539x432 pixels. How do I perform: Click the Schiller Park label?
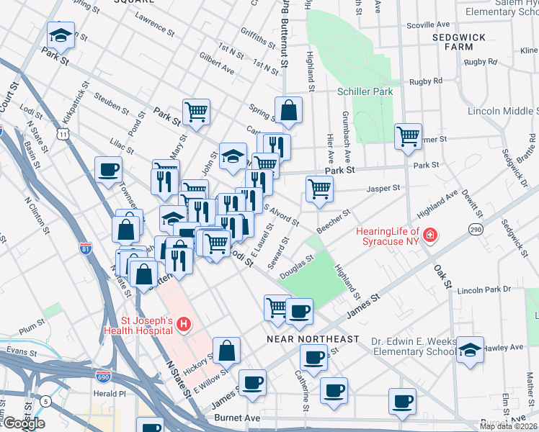click(x=365, y=91)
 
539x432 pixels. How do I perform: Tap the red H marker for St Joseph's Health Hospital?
click(x=183, y=325)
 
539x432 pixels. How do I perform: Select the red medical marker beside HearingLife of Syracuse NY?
click(x=429, y=235)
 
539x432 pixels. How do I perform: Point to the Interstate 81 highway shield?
click(x=86, y=249)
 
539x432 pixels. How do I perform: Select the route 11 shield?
click(x=64, y=133)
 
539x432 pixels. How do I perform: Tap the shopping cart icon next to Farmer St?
click(x=408, y=135)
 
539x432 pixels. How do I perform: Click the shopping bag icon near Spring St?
click(x=288, y=110)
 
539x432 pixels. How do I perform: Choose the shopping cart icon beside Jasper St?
click(x=319, y=189)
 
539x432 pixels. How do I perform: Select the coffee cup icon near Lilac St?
click(x=108, y=169)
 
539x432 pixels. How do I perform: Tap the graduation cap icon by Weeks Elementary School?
click(x=470, y=349)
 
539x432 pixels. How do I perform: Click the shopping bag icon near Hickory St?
click(x=226, y=350)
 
